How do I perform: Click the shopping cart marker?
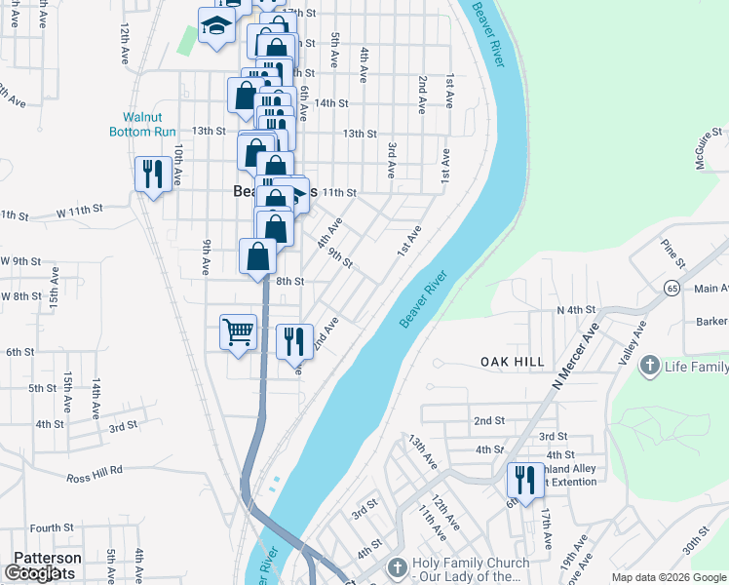tap(238, 333)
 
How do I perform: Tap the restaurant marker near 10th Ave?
tap(153, 175)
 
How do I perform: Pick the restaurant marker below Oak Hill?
tap(524, 481)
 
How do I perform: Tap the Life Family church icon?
tap(650, 367)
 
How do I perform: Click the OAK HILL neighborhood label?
tap(513, 362)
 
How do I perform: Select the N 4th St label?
tap(575, 310)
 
